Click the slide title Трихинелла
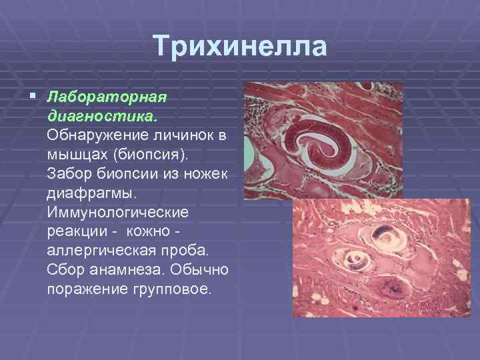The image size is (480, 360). click(x=240, y=47)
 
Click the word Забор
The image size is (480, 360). click(x=71, y=175)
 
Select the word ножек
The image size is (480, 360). click(x=206, y=175)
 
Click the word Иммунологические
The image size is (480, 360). click(x=118, y=213)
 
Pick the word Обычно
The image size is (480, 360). click(x=203, y=271)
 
